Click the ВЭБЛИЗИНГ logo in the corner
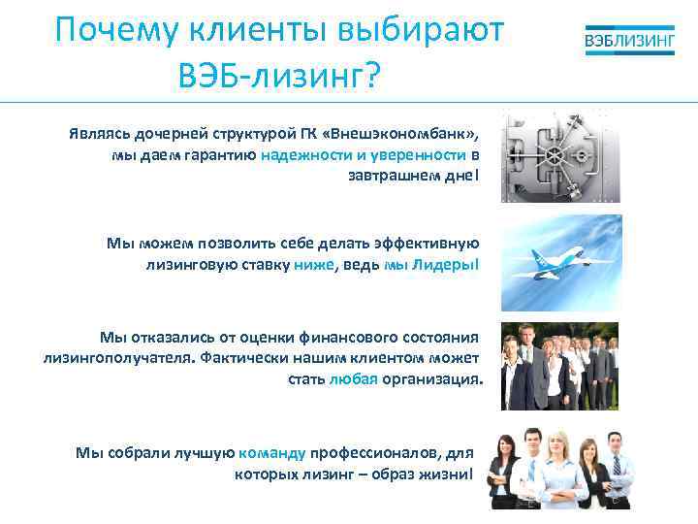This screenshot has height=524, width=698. [x=629, y=42]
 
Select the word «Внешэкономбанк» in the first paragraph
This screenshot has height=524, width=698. [x=412, y=133]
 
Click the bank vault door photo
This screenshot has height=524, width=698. [x=560, y=156]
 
